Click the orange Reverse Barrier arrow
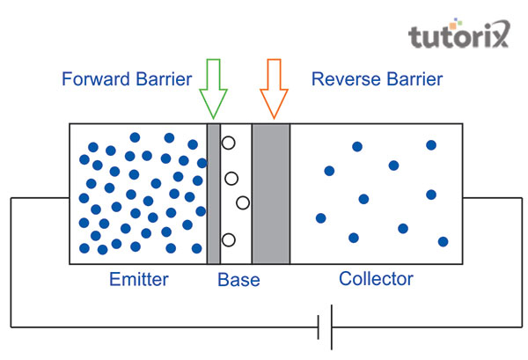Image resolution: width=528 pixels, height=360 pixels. coord(273,86)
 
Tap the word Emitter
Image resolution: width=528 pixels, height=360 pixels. coord(138,281)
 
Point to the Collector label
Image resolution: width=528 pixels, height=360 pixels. coord(376,280)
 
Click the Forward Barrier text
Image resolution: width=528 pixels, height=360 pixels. coord(128,79)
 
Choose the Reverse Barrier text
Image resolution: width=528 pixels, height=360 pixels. coord(377,79)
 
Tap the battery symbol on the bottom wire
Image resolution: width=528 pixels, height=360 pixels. coord(324,327)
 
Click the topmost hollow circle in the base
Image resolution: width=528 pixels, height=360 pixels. coord(228,143)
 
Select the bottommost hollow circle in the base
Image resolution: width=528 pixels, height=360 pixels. coord(228,239)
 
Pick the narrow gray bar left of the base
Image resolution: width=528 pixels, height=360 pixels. coord(213,194)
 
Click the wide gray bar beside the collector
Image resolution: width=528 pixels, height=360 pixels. coord(270,194)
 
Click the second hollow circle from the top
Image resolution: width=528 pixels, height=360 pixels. coord(231,178)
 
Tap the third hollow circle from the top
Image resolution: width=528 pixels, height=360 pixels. coord(243,203)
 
